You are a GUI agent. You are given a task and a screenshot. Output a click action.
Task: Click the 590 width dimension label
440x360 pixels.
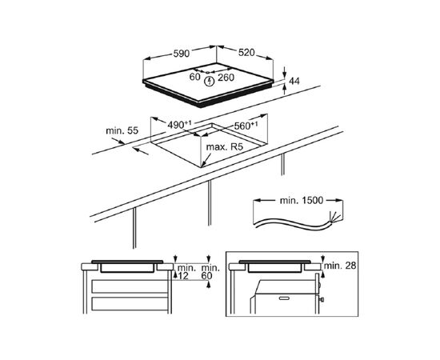pyautogui.click(x=182, y=54)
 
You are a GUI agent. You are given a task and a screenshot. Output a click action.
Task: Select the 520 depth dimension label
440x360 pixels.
pyautogui.click(x=246, y=53)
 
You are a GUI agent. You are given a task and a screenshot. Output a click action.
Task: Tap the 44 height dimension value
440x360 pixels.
pyautogui.click(x=294, y=81)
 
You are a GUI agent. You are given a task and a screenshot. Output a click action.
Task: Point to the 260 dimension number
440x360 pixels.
pyautogui.click(x=226, y=78)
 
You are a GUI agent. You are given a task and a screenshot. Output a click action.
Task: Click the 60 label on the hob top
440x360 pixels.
pyautogui.click(x=194, y=77)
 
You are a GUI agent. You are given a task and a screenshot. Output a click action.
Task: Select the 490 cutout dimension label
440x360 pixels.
pyautogui.click(x=179, y=125)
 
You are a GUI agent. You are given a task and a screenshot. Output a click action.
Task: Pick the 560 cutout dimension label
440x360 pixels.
pyautogui.click(x=246, y=126)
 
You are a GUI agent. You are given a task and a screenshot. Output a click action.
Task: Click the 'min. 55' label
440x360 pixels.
pyautogui.click(x=122, y=130)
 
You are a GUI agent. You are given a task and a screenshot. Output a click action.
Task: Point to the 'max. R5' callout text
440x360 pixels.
pyautogui.click(x=224, y=147)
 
